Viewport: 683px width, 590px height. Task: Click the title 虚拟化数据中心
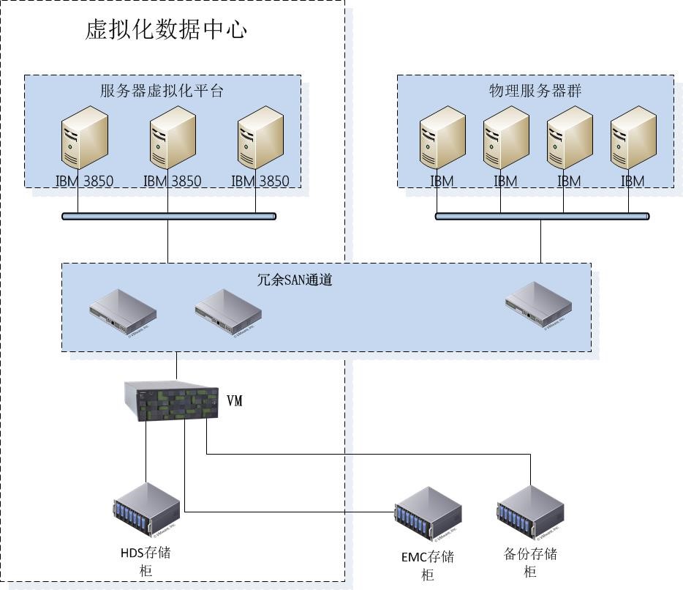point(167,30)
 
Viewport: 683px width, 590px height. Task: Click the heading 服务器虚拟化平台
point(162,92)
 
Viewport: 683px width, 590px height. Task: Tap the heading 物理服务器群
point(535,91)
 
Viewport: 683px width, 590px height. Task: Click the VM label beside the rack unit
point(235,400)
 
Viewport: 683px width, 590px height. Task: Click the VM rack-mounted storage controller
point(171,401)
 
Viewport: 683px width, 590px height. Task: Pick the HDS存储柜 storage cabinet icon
point(147,510)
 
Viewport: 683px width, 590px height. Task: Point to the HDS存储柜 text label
point(146,561)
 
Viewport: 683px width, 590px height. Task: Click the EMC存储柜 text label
point(428,565)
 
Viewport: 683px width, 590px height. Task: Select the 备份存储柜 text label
point(531,561)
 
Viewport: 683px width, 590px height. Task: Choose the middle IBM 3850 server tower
point(173,139)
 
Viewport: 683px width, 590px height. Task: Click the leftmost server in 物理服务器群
point(442,140)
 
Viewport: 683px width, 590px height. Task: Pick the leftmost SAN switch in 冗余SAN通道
point(123,310)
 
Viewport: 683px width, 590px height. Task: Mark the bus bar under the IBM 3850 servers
point(169,216)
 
